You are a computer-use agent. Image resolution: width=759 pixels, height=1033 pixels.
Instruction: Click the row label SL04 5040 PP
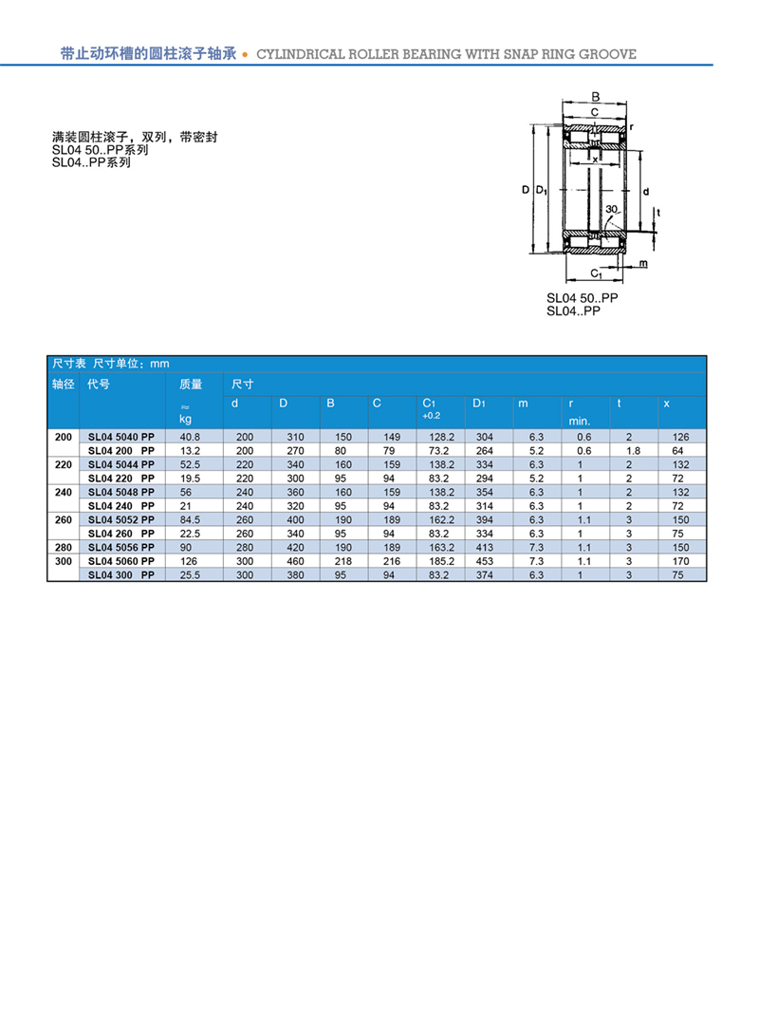point(120,437)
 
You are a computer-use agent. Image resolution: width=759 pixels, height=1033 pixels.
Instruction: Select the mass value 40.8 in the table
point(190,437)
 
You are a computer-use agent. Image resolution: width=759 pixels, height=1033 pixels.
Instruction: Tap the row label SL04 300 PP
point(120,575)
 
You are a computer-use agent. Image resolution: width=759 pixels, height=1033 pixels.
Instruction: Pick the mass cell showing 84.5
point(190,520)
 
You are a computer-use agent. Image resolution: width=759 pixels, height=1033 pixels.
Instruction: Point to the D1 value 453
point(485,561)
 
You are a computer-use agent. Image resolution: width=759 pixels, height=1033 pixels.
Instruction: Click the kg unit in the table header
point(186,419)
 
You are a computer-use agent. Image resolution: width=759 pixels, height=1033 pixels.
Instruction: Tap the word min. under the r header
point(580,420)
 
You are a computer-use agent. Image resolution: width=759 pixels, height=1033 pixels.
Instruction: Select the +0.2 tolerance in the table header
point(431,416)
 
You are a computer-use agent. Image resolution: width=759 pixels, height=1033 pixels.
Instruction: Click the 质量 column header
point(191,385)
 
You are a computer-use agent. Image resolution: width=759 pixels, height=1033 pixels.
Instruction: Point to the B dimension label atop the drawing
point(596,97)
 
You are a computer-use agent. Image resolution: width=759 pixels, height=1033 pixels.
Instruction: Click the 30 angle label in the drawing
point(612,209)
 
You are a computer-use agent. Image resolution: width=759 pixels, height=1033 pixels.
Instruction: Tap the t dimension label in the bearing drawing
point(657,212)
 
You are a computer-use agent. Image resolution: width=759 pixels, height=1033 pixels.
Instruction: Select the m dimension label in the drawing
point(642,262)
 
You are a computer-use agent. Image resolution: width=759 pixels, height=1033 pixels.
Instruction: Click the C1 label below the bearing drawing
point(597,274)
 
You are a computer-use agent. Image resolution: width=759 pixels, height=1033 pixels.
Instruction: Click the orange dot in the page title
point(247,55)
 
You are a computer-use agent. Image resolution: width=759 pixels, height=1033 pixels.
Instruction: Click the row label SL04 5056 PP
point(120,548)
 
